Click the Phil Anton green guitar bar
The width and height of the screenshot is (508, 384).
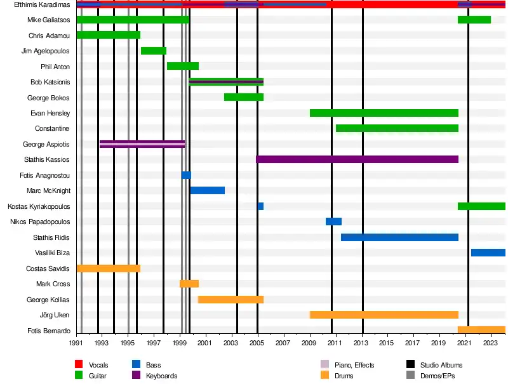183,66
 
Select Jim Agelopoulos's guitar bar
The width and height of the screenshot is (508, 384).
154,51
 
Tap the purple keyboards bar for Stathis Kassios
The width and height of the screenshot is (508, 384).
357,159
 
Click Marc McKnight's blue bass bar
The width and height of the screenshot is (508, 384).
207,190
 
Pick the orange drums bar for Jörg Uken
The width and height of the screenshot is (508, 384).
384,315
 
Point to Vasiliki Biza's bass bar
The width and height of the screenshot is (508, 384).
488,253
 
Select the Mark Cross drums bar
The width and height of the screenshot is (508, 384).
189,284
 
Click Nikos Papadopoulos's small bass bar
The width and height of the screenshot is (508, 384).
333,222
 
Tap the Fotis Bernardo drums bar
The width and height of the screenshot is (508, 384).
481,330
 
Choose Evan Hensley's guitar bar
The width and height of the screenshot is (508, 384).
384,113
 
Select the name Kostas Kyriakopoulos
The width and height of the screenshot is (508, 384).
39,206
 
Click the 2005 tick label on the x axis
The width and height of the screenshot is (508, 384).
257,343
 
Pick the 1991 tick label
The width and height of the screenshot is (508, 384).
76,343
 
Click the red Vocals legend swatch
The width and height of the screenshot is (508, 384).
79,365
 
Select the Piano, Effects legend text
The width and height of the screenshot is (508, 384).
354,365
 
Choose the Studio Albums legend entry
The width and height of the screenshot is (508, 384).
441,365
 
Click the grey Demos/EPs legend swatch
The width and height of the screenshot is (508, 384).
410,376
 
